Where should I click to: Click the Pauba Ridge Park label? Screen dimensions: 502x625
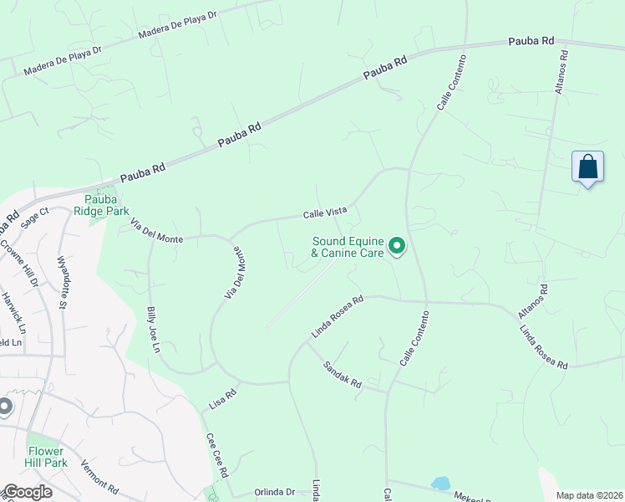coord(106,205)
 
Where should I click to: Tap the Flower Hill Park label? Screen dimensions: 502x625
coord(46,456)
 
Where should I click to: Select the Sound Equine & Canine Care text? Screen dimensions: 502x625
coord(347,247)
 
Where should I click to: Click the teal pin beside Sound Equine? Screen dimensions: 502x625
coord(398,247)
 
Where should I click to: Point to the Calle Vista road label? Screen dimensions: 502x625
coord(324,214)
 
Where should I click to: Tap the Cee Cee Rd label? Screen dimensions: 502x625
coord(217,455)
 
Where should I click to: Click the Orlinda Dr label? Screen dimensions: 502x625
coord(276,492)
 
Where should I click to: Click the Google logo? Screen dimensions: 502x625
coord(28,492)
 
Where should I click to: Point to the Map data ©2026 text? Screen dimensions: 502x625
coord(587,495)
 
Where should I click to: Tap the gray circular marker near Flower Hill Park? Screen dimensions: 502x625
coord(4,407)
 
